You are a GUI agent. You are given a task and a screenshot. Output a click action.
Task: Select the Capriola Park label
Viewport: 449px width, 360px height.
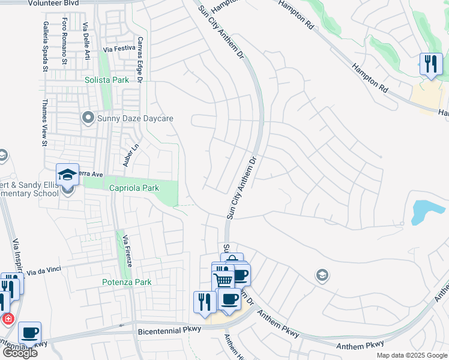tap(134, 188)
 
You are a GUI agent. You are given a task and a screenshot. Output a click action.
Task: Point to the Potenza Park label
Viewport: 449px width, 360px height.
tap(127, 282)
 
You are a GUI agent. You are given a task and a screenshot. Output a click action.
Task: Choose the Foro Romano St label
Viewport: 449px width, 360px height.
tap(64, 43)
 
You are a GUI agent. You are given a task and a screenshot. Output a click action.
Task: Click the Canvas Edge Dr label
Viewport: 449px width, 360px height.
tap(140, 59)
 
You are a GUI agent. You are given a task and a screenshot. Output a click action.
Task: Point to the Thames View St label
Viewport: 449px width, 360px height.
tap(44, 122)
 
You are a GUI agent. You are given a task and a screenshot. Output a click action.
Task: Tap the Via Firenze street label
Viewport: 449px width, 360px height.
tap(127, 251)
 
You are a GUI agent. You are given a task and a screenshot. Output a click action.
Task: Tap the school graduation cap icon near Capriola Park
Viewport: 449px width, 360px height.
tap(67, 175)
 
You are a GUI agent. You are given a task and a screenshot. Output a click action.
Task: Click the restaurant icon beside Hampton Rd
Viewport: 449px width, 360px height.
tap(430, 64)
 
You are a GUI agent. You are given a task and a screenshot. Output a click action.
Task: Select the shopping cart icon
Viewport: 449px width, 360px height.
tap(223, 279)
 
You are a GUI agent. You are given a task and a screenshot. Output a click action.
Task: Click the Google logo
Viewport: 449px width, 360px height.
tap(20, 352)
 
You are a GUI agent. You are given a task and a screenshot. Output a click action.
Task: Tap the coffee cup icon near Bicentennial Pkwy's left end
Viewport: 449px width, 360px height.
tap(29, 332)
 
